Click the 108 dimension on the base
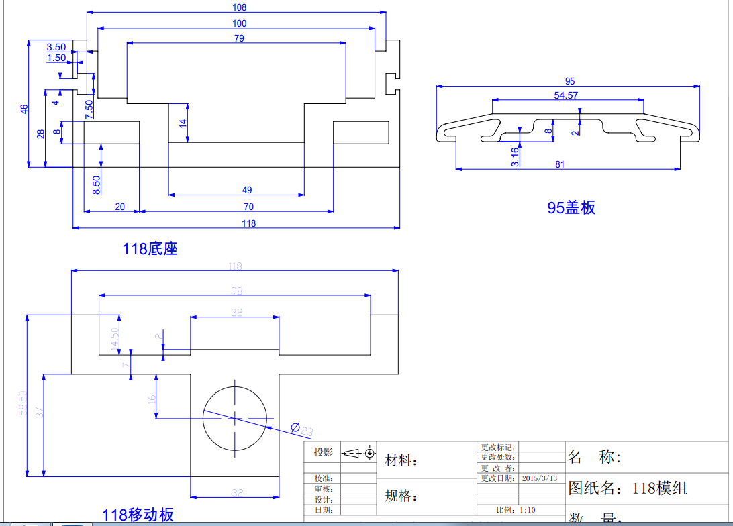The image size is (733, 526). (x=239, y=7)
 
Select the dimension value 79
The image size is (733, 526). (x=239, y=38)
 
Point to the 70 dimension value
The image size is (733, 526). (x=249, y=207)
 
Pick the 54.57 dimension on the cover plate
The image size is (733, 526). (x=566, y=95)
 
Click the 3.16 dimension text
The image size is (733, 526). (x=514, y=156)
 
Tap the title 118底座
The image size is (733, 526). (x=150, y=249)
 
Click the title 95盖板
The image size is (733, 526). (x=571, y=208)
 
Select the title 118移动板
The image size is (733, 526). (x=138, y=515)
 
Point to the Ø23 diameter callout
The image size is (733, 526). (x=301, y=429)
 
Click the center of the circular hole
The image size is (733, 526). (x=234, y=417)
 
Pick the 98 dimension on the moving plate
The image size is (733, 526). (x=236, y=291)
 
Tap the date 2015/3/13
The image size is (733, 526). (x=540, y=478)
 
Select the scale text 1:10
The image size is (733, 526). (x=527, y=510)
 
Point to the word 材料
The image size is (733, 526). (x=401, y=461)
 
